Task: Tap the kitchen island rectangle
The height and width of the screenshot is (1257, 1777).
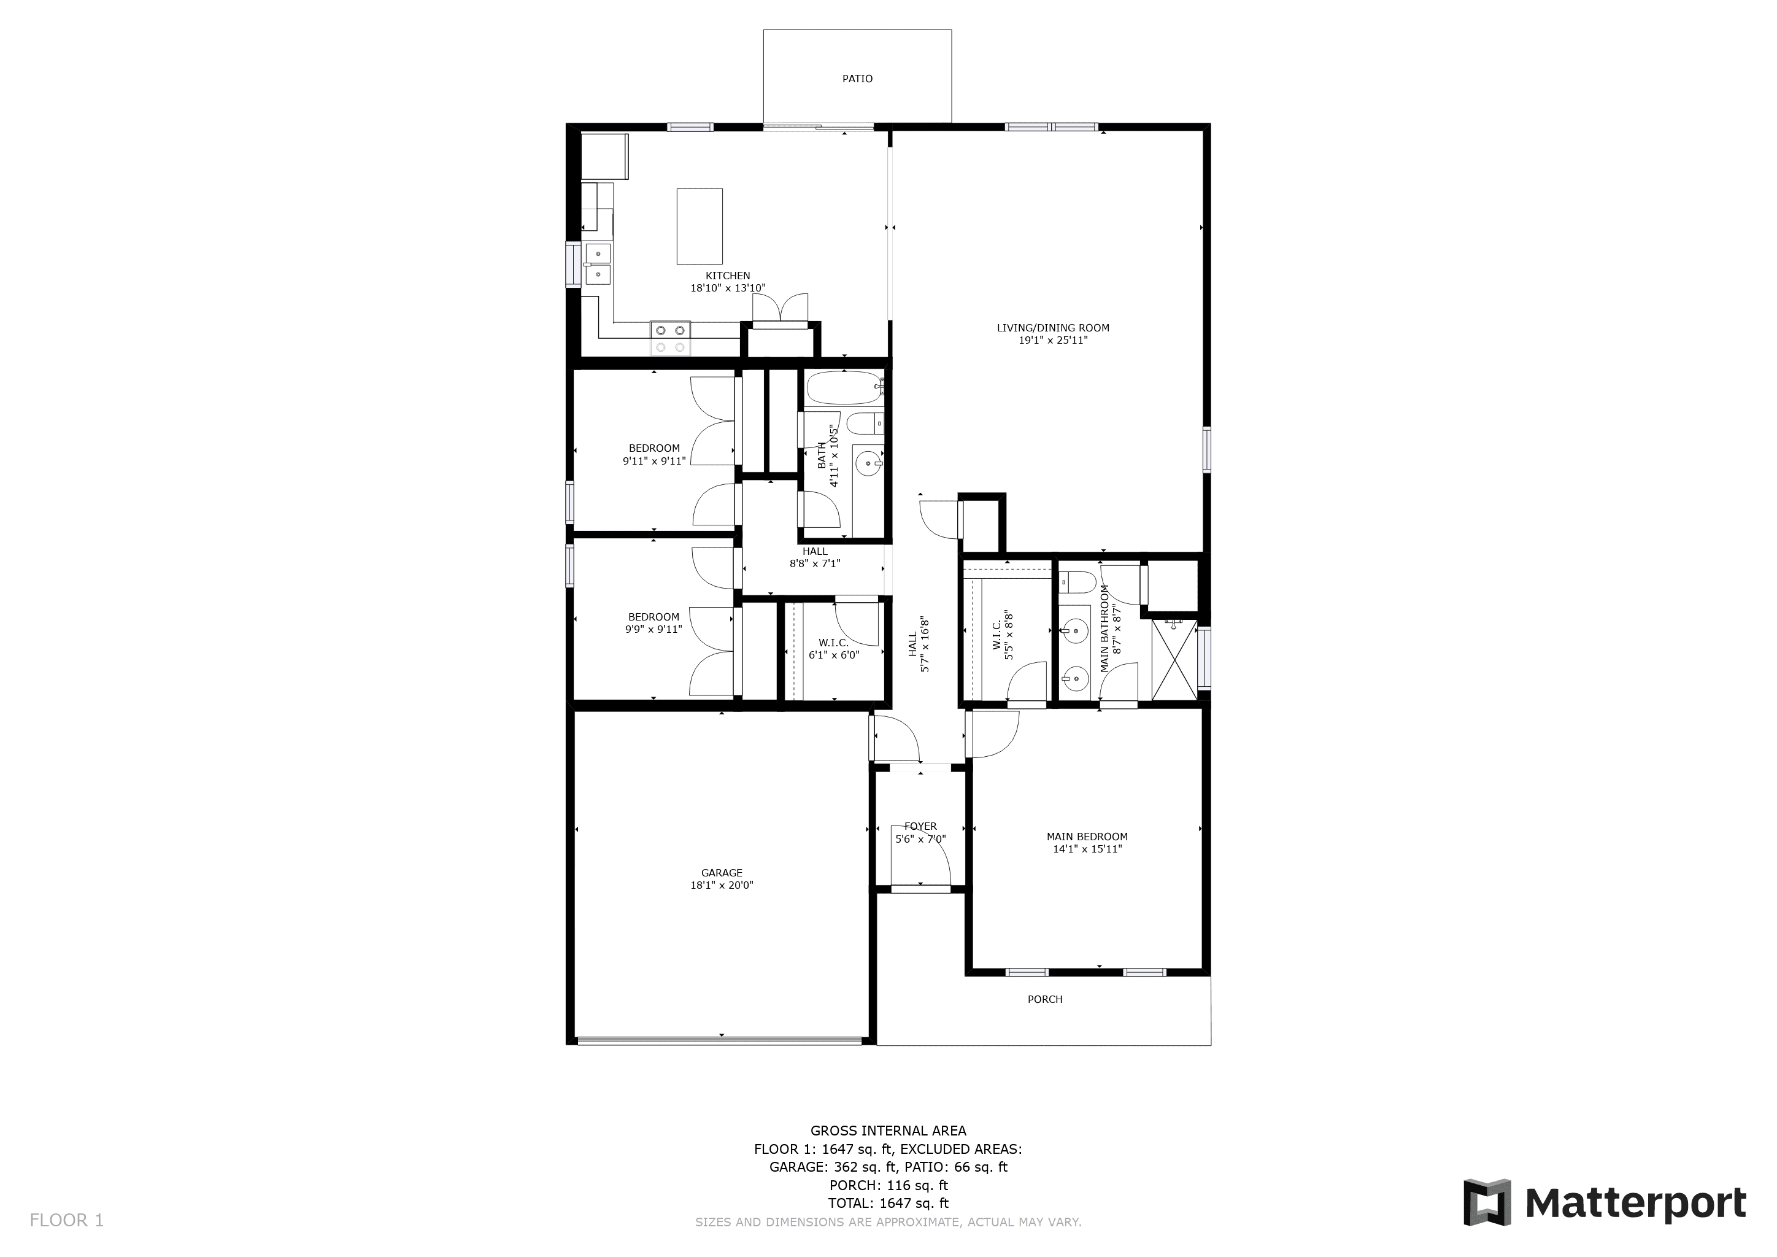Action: [700, 226]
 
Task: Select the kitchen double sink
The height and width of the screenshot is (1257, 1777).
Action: [598, 263]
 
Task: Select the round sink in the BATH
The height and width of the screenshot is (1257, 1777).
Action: [868, 465]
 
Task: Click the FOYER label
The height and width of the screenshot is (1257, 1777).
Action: [920, 827]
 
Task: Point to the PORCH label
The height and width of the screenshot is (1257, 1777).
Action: [1045, 999]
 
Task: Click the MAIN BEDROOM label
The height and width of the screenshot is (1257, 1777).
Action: [1087, 837]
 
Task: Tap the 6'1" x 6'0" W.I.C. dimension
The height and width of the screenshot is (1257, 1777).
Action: [833, 655]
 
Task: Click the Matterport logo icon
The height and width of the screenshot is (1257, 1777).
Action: [1487, 1202]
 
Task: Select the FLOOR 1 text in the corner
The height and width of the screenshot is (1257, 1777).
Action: [66, 1221]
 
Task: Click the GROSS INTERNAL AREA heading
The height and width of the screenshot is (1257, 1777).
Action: [888, 1131]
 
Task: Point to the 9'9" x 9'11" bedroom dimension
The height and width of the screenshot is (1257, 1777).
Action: [653, 629]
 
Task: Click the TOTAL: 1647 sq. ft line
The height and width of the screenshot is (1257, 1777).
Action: [888, 1203]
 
